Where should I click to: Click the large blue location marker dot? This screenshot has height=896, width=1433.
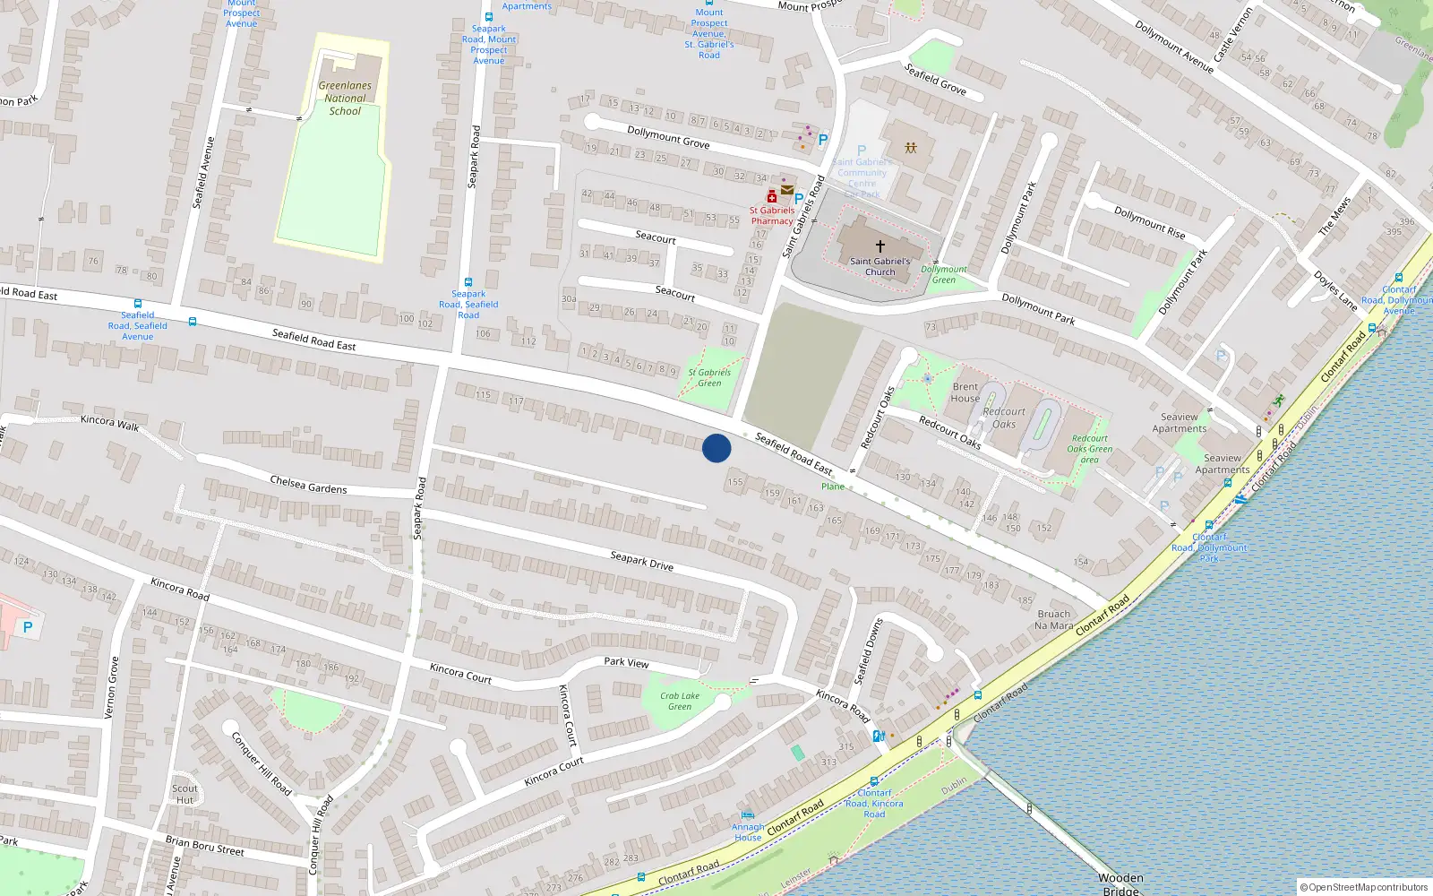coord(716,448)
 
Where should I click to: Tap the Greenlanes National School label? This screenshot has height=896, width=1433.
coord(345,99)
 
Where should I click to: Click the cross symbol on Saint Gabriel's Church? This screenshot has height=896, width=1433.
coord(880,246)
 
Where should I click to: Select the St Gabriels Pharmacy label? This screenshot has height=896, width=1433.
coord(772,216)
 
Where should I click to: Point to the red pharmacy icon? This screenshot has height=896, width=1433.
coord(771,196)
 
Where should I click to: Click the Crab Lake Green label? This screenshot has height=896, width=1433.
coord(680,701)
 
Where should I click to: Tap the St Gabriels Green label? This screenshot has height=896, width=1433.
coord(709,377)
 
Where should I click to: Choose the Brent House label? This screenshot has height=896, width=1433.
coord(965,392)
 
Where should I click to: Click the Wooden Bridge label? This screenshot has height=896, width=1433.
coord(1120,883)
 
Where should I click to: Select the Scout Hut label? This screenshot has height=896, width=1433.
coord(184,794)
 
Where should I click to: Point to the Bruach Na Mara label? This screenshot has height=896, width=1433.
coord(1054,620)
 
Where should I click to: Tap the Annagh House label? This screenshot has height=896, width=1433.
coord(748,832)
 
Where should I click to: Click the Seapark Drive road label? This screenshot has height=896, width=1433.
coord(641,561)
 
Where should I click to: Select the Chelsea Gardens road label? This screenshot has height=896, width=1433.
coord(308,485)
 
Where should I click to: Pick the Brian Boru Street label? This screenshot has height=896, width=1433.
coord(204,845)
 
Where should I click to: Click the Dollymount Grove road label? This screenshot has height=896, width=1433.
coord(668,137)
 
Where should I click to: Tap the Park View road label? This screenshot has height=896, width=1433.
coord(626,662)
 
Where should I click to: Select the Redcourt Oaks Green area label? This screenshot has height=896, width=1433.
coord(1090,449)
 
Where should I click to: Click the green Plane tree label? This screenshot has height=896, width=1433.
coord(833,487)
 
